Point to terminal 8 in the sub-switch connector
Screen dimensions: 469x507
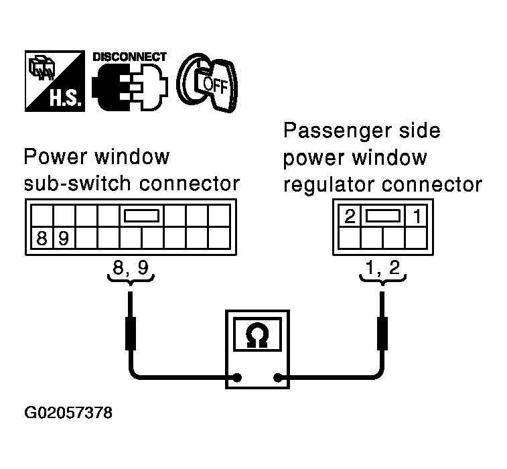(42, 238)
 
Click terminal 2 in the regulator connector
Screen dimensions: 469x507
(349, 216)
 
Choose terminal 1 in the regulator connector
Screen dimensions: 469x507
(416, 216)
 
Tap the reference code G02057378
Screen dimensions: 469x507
(68, 412)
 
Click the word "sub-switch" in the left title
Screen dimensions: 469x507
(72, 184)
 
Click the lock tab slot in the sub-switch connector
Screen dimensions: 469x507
(141, 216)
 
